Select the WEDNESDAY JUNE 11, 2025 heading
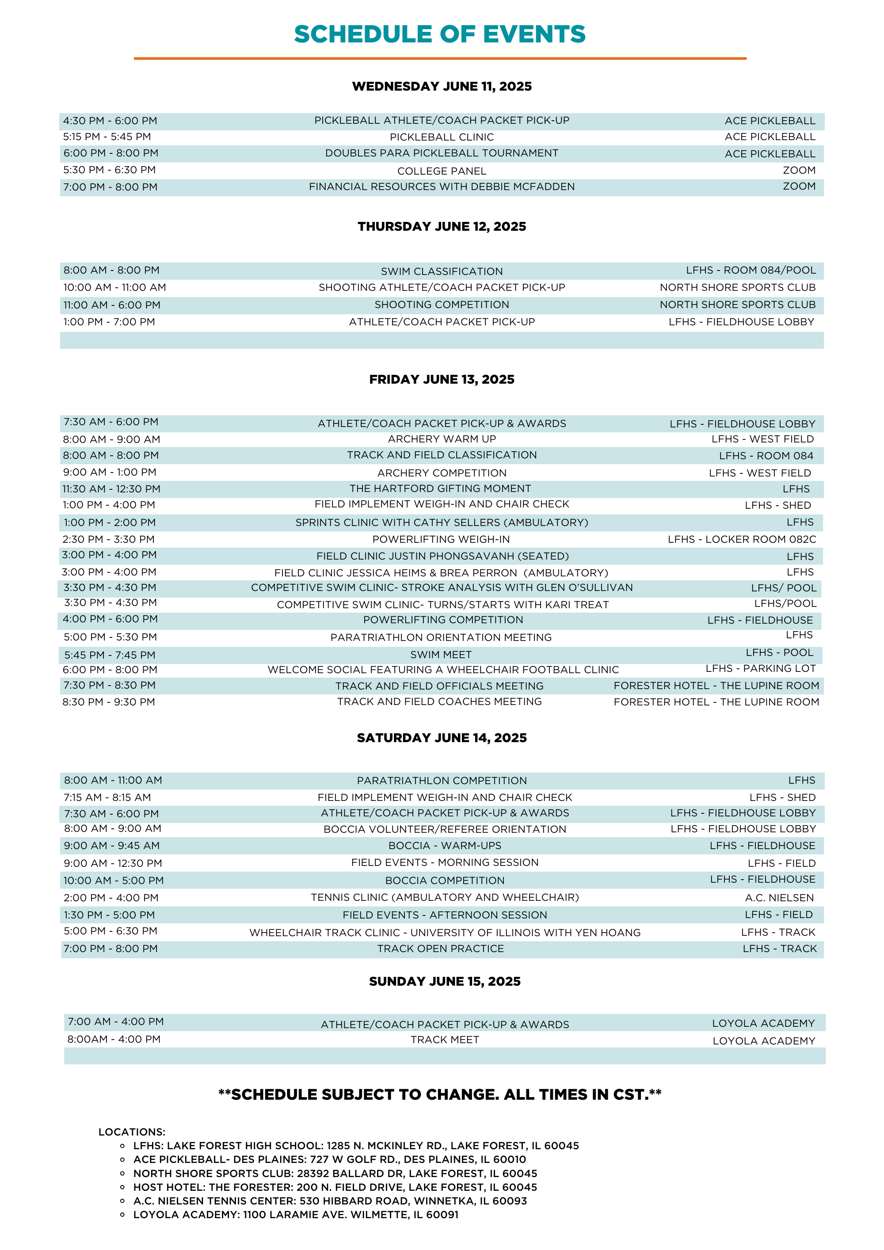pos(442,87)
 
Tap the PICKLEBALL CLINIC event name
pos(442,137)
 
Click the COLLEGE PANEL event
pos(442,171)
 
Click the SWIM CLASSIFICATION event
pos(442,271)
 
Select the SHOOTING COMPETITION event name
pos(442,305)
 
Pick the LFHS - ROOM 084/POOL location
pos(751,271)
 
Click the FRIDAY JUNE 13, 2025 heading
pos(442,379)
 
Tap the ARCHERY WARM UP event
pos(442,439)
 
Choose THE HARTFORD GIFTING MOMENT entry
pos(440,489)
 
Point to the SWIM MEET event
pos(441,655)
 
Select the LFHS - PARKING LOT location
pos(760,669)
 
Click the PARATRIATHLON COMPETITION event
pos(442,781)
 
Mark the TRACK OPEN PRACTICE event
pos(440,949)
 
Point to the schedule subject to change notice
pos(440,1095)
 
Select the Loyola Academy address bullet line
pos(296,1215)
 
